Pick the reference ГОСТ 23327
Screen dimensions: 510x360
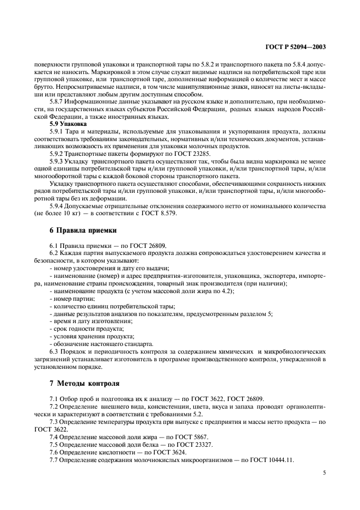tap(195, 445)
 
